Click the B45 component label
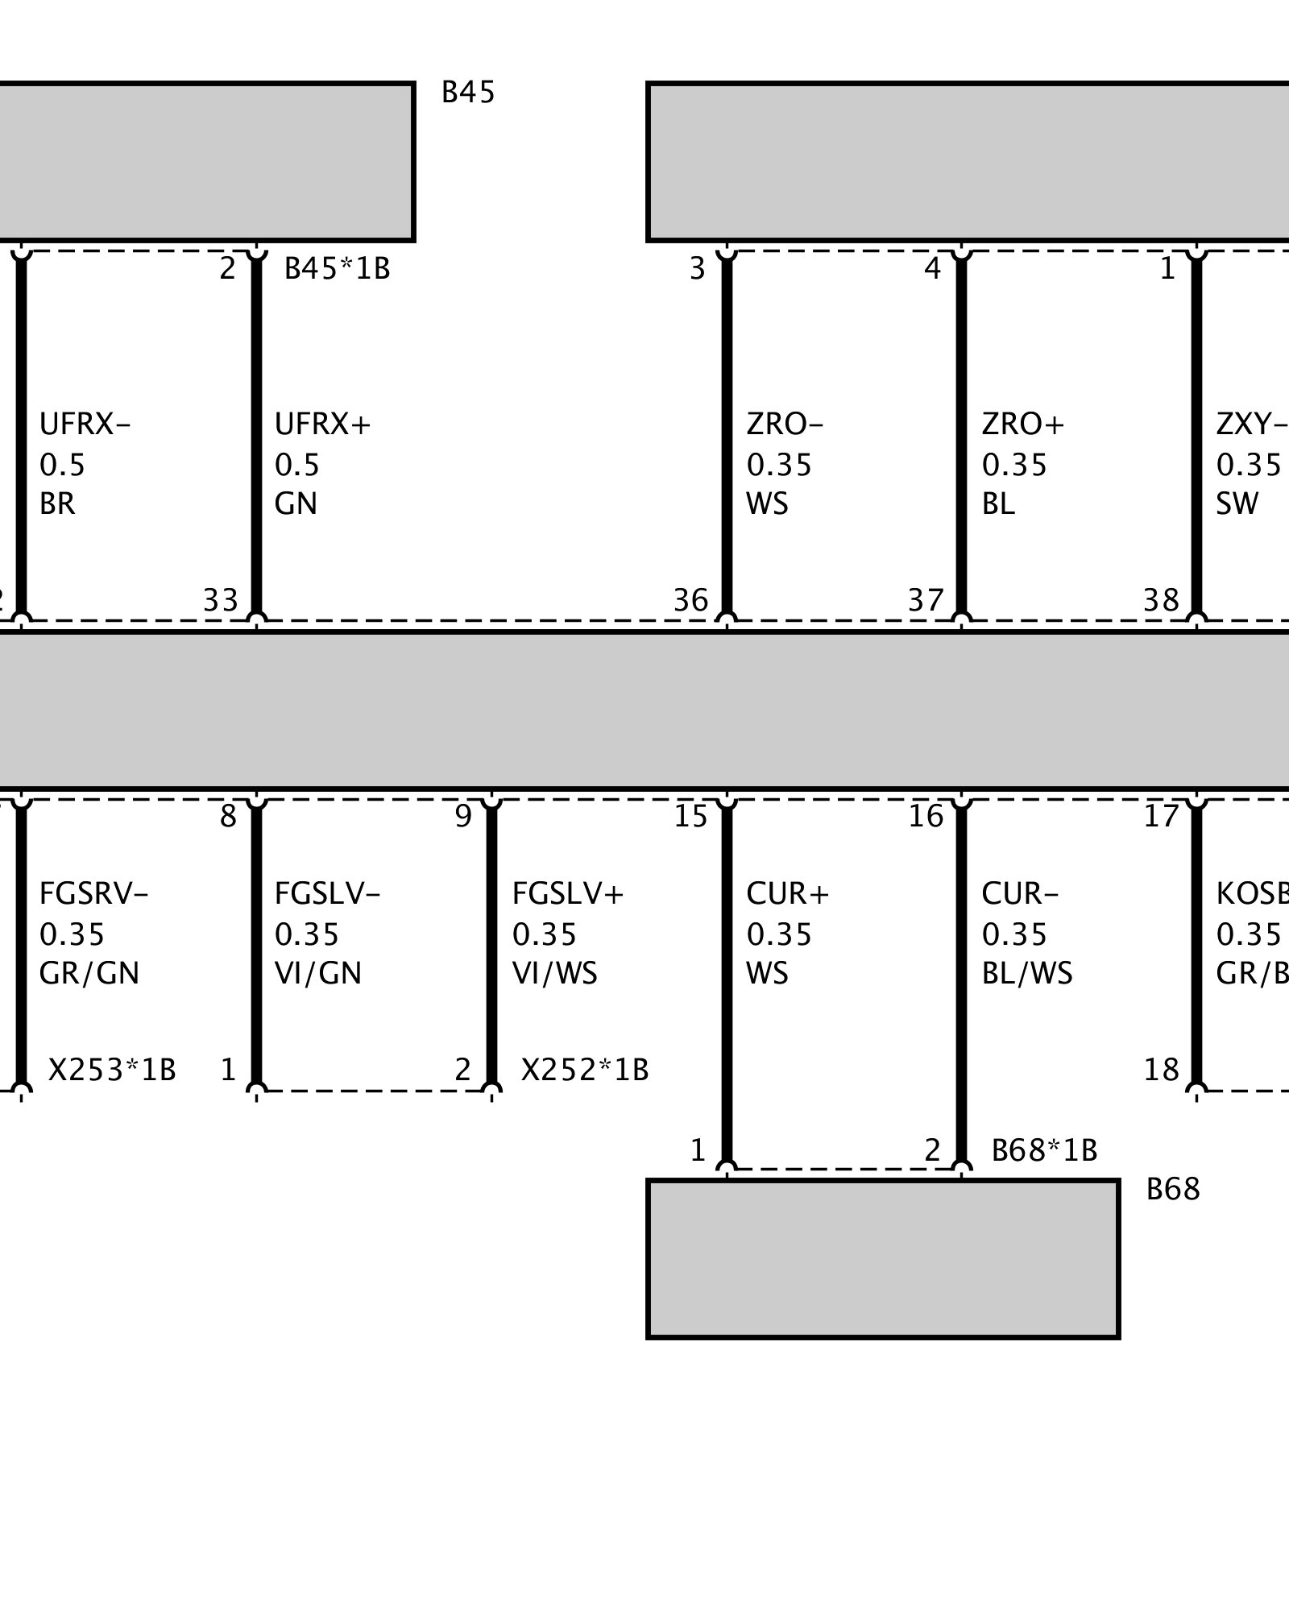pyautogui.click(x=468, y=93)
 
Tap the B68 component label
pyautogui.click(x=1173, y=1189)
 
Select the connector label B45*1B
pyautogui.click(x=337, y=268)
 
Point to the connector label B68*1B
pyautogui.click(x=1044, y=1150)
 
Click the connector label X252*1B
pyautogui.click(x=585, y=1070)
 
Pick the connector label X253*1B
pyautogui.click(x=112, y=1070)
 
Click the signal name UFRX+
pyautogui.click(x=322, y=424)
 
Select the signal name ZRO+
pyautogui.click(x=1023, y=424)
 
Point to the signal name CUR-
pyautogui.click(x=1020, y=893)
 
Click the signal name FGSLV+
pyautogui.click(x=568, y=893)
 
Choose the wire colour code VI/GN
pyautogui.click(x=318, y=974)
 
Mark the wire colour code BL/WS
pyautogui.click(x=1027, y=974)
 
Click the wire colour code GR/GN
pyautogui.click(x=89, y=974)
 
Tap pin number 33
pyautogui.click(x=221, y=600)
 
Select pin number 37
pyautogui.click(x=926, y=600)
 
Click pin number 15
pyautogui.click(x=690, y=817)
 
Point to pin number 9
pyautogui.click(x=462, y=817)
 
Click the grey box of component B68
pyautogui.click(x=883, y=1258)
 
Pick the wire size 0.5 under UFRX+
pyautogui.click(x=296, y=465)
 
